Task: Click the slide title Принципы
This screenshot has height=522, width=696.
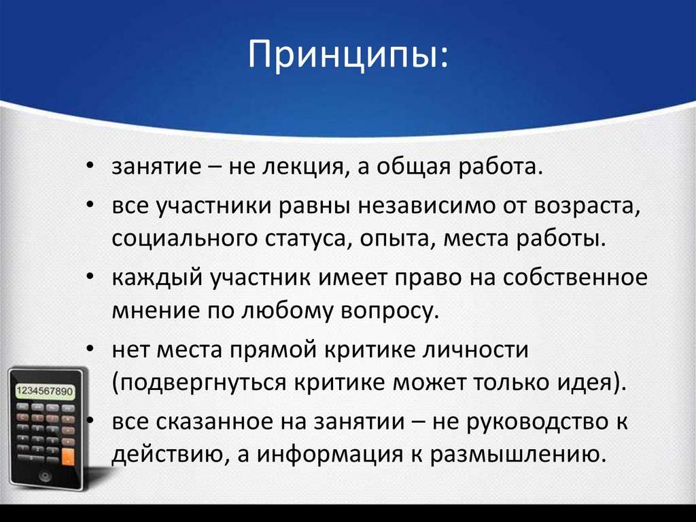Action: pos(347,57)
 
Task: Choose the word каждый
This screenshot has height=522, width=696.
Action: pos(152,278)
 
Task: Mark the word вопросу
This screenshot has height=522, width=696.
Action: pos(389,312)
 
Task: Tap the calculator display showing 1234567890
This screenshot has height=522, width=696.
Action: pos(45,391)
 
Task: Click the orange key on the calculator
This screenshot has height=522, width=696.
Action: pos(67,457)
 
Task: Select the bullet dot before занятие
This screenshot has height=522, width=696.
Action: pos(90,167)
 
